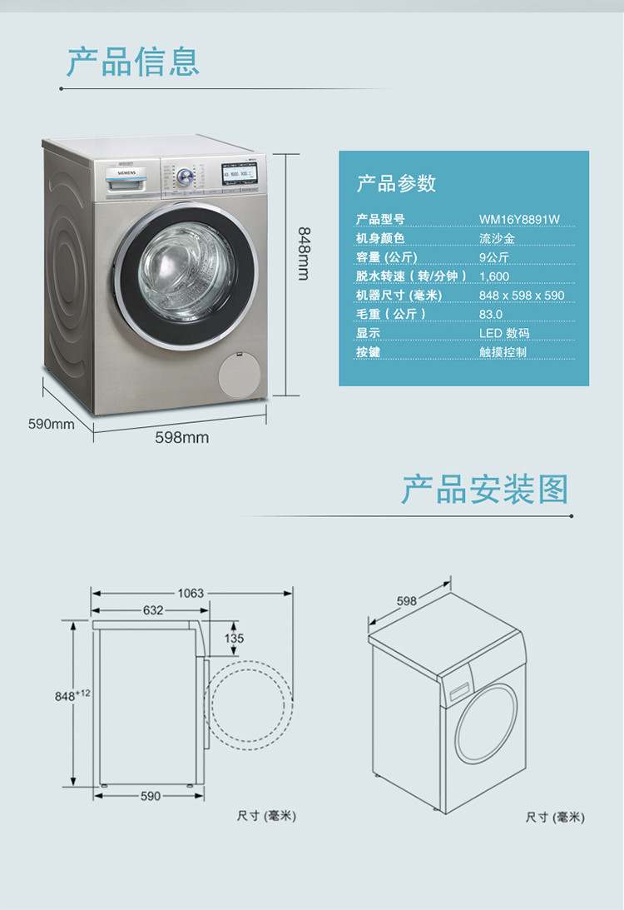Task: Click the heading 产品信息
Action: (133, 62)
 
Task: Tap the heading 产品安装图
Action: (485, 490)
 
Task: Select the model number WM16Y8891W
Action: (519, 220)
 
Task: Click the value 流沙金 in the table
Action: (496, 239)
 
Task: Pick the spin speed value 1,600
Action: (494, 276)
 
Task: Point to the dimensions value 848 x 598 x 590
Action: (522, 296)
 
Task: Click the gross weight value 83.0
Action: (491, 315)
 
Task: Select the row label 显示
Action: (368, 333)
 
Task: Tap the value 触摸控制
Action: (503, 352)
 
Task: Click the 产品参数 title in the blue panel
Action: (396, 183)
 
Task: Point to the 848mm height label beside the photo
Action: (304, 253)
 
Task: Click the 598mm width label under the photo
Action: (182, 437)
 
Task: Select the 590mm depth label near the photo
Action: (52, 424)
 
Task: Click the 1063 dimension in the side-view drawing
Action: (190, 594)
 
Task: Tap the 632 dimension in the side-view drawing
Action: (153, 610)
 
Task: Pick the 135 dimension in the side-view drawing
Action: (234, 639)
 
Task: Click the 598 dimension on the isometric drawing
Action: (406, 600)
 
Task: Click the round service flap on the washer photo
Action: (240, 379)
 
